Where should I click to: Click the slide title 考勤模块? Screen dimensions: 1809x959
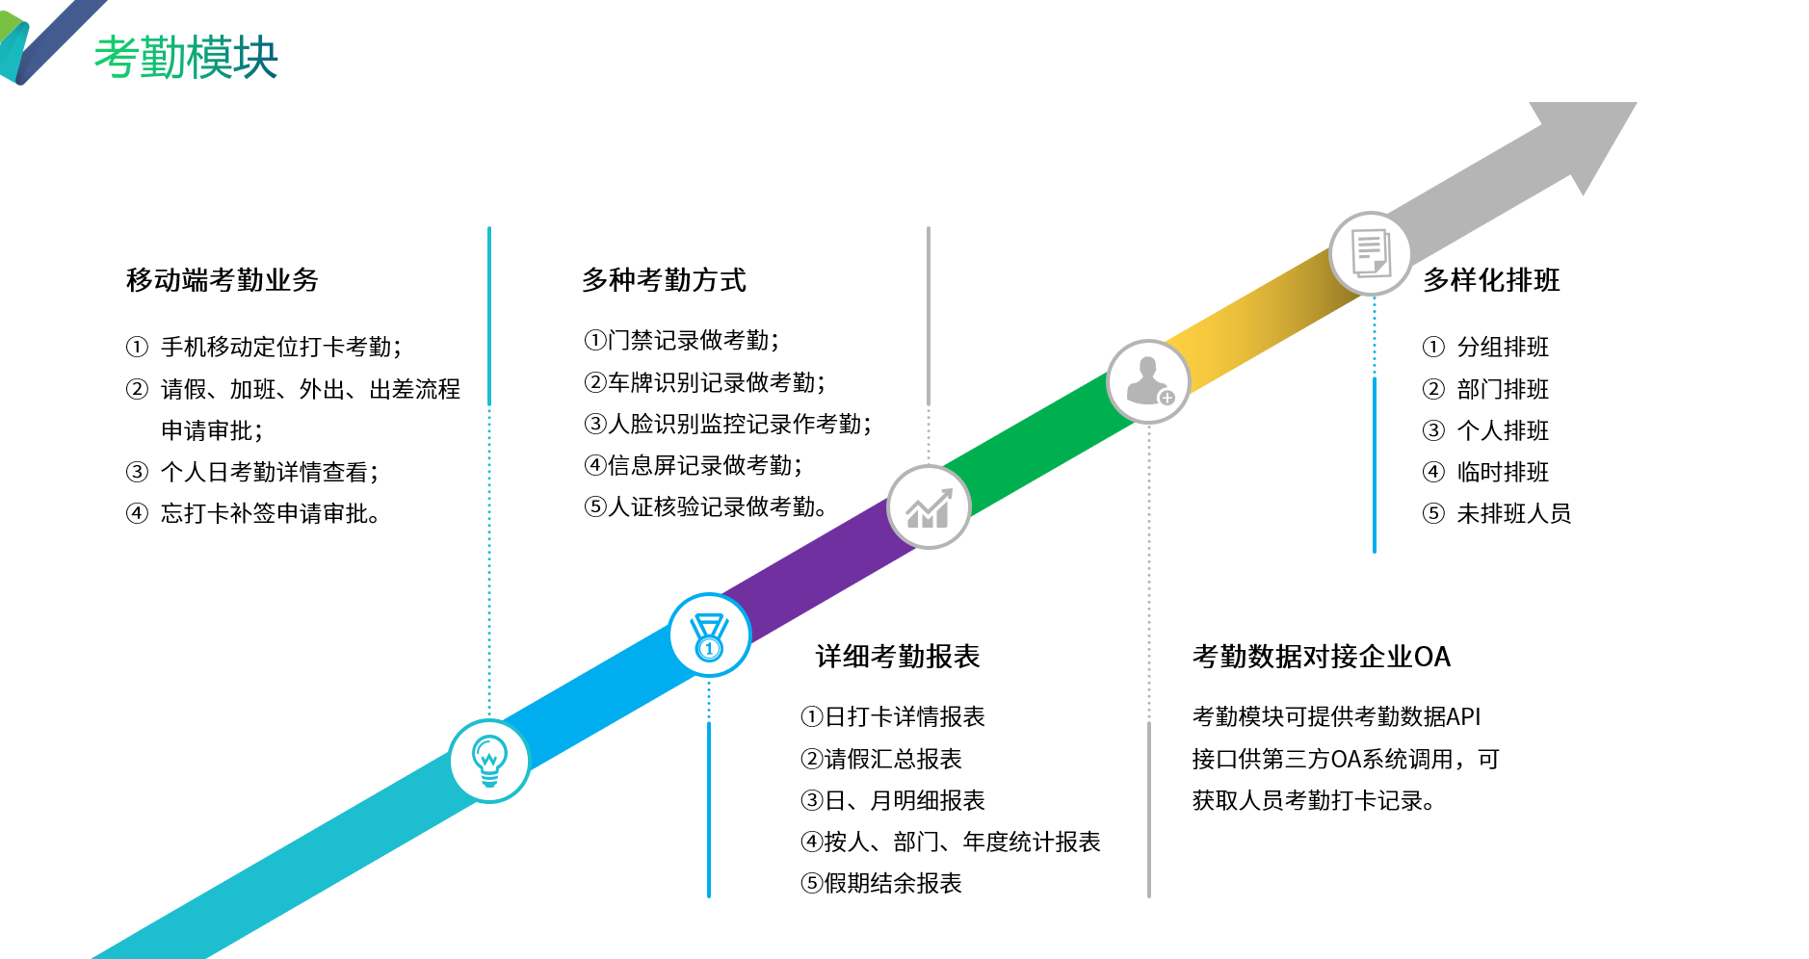(186, 57)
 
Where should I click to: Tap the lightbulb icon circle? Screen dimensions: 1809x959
(489, 761)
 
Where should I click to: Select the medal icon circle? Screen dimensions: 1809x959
(709, 635)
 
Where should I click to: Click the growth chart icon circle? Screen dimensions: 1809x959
(929, 507)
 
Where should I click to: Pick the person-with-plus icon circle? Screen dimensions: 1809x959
(1148, 381)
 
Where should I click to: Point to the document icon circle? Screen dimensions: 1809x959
(1371, 253)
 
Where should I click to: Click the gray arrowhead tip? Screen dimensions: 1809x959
(1636, 103)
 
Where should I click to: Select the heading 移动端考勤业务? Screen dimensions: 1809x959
(223, 280)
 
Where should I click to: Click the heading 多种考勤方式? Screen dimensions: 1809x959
(664, 280)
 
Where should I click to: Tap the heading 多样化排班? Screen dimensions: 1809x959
(1491, 280)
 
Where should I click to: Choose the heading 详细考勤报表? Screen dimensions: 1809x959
(898, 657)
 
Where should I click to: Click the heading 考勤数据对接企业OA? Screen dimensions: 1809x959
(1322, 657)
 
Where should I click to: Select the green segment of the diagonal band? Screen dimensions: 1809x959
(1040, 443)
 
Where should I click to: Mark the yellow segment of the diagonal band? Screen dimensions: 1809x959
(1262, 318)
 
